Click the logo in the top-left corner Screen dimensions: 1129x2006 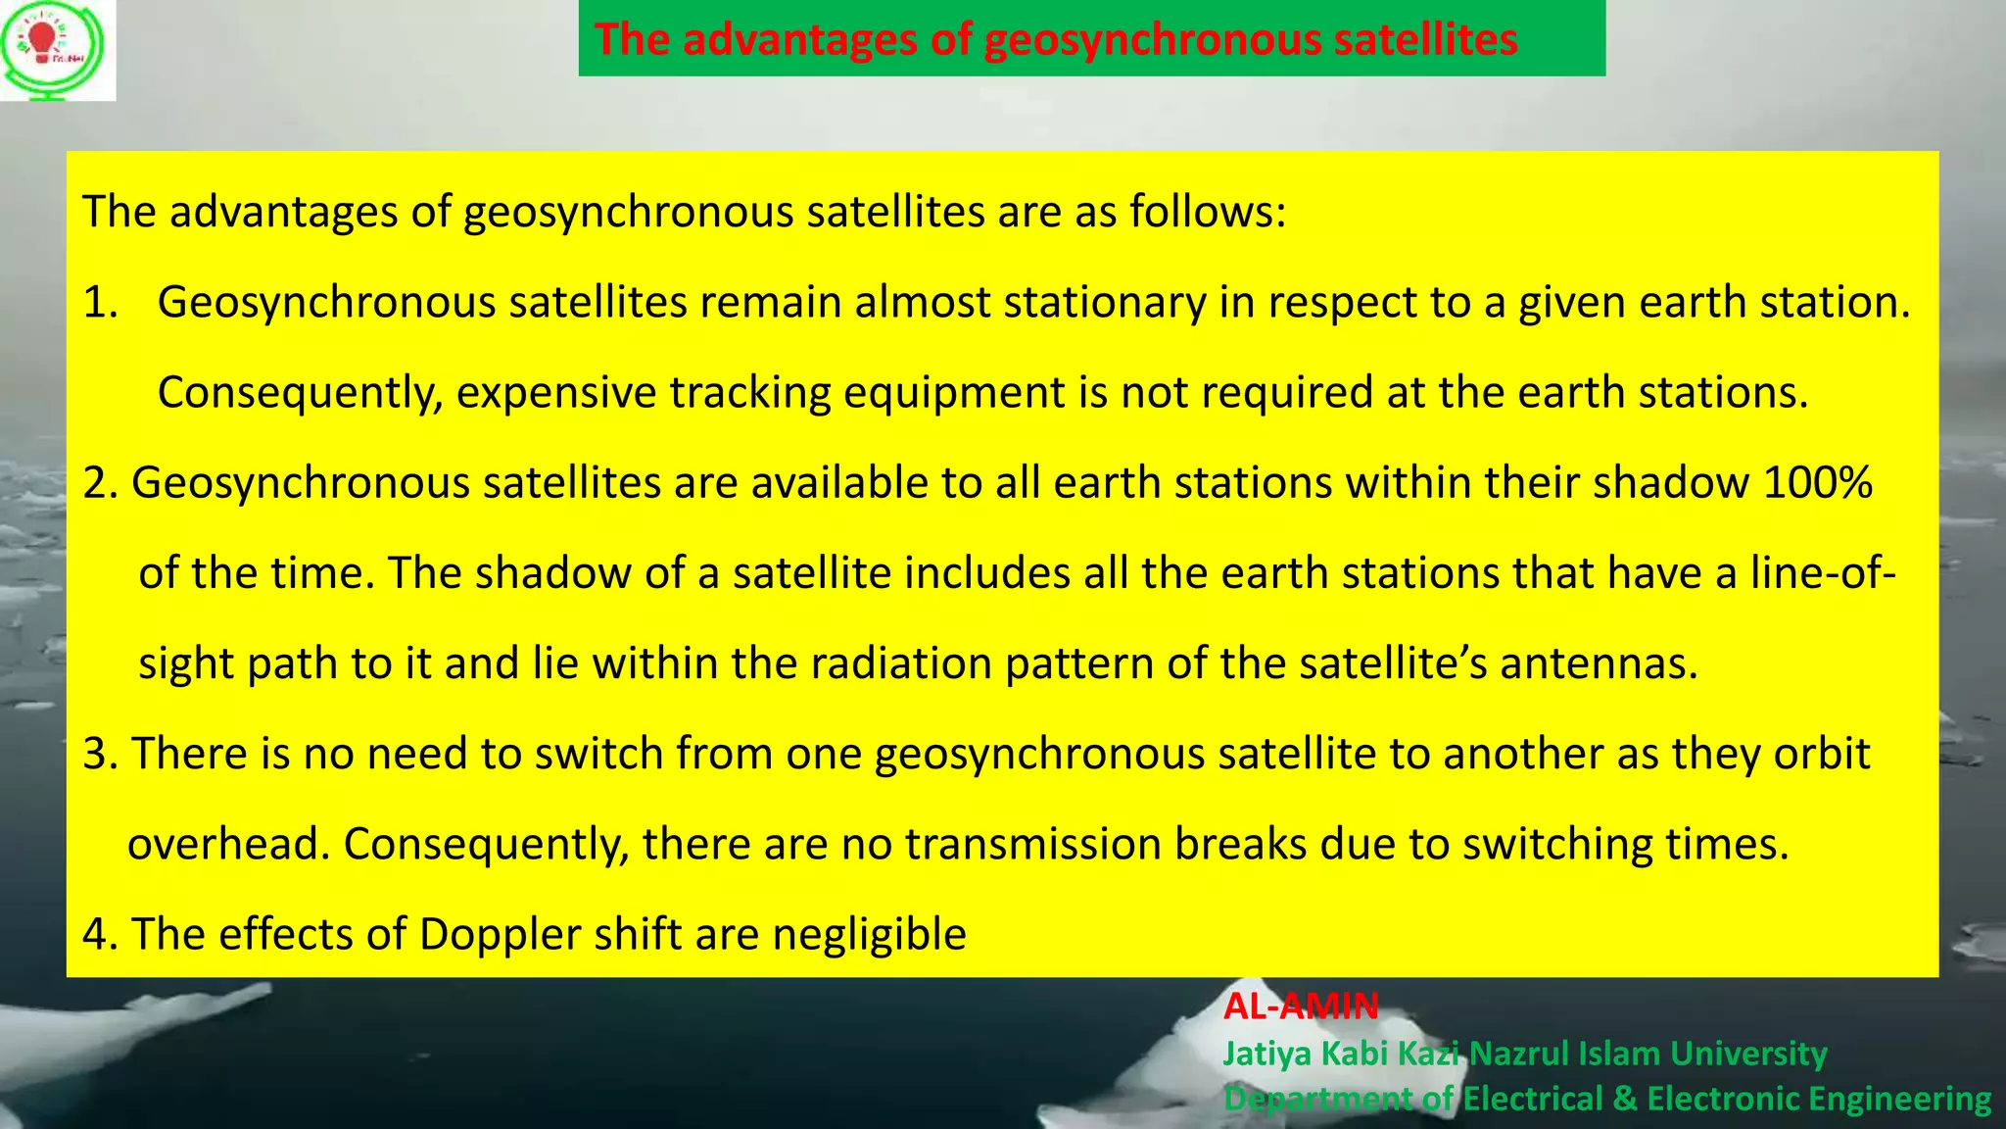click(57, 50)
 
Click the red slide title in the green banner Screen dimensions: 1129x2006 click(1056, 39)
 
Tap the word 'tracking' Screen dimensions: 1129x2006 click(749, 392)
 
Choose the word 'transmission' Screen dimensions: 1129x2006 click(1032, 844)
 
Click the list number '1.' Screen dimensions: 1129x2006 click(100, 302)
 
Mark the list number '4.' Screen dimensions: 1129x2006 click(100, 934)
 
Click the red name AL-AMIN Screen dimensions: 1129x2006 click(1301, 1006)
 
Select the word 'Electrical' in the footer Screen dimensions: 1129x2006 click(1533, 1099)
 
